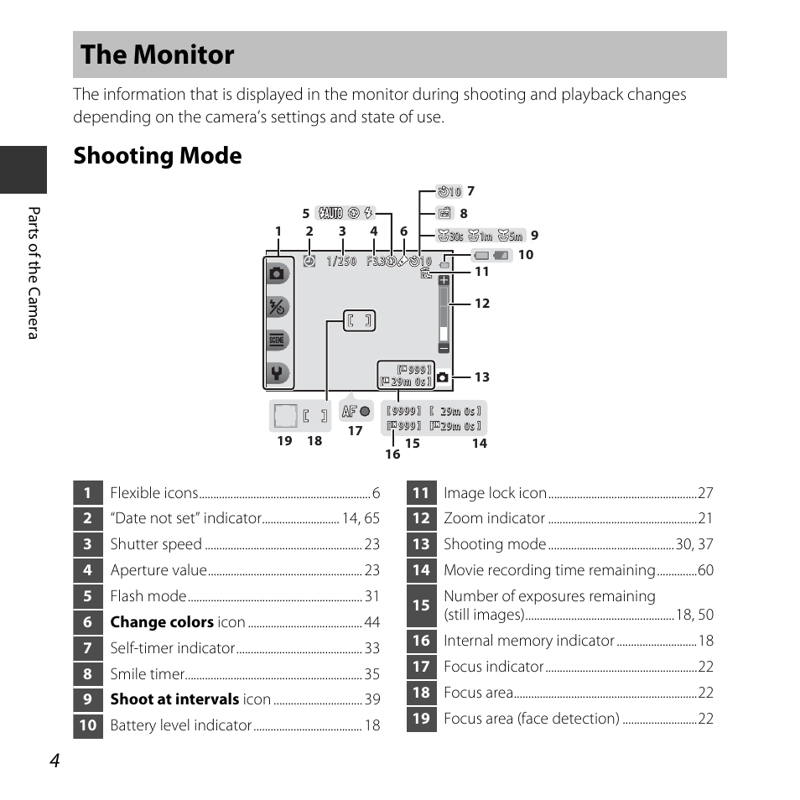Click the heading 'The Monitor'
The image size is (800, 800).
[158, 55]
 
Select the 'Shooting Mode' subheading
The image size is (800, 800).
[157, 156]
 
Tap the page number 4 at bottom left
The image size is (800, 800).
[55, 760]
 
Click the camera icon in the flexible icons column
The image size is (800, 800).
[278, 273]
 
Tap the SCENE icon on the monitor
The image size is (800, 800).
[278, 340]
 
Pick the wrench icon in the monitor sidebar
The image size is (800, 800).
[278, 373]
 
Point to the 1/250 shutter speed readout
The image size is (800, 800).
[341, 262]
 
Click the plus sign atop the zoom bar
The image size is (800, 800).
[444, 281]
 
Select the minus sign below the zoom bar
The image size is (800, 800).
[444, 347]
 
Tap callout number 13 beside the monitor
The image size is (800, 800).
[481, 377]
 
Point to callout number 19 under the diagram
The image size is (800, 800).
[284, 441]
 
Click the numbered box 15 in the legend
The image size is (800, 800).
[421, 605]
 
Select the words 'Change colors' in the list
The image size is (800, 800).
[162, 622]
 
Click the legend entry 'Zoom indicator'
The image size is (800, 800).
[494, 519]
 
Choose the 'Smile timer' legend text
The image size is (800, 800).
[147, 674]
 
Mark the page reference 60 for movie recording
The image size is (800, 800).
[705, 571]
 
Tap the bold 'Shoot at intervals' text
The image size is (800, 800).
[174, 699]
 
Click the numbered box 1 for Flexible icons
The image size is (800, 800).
[87, 493]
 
